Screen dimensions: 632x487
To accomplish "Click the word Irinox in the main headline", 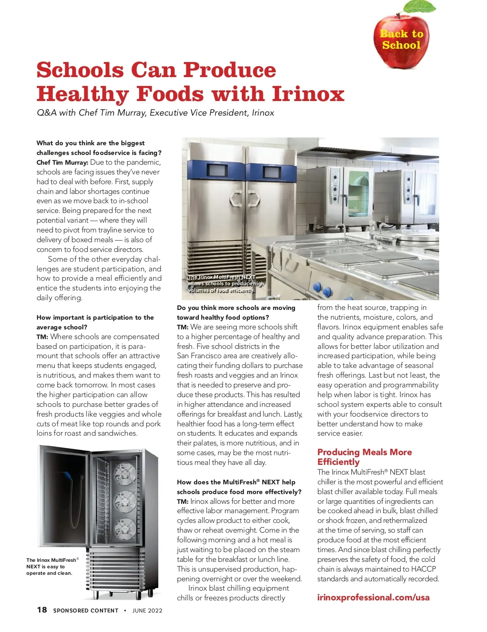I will [308, 94].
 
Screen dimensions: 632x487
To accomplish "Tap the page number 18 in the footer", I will [42, 610].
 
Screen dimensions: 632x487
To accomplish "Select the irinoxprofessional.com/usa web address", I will [373, 597].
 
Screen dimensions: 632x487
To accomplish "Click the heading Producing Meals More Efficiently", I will [364, 457].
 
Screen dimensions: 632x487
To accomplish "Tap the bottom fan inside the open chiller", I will [125, 528].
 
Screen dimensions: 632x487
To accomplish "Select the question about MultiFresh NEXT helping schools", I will [239, 487].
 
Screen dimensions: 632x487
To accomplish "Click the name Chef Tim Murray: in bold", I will [62, 162].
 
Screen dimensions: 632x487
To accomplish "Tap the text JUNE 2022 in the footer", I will [147, 611].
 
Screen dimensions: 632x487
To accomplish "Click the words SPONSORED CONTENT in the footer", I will [86, 611].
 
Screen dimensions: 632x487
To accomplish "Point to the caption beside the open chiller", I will [52, 566].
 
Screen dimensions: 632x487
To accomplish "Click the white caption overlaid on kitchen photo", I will [226, 284].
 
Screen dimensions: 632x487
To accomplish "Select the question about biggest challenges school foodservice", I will [99, 148].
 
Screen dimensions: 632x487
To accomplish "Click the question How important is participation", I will [95, 322].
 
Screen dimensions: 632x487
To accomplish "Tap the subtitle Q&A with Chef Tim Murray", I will [155, 113].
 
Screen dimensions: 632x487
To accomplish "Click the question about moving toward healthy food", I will [236, 312].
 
